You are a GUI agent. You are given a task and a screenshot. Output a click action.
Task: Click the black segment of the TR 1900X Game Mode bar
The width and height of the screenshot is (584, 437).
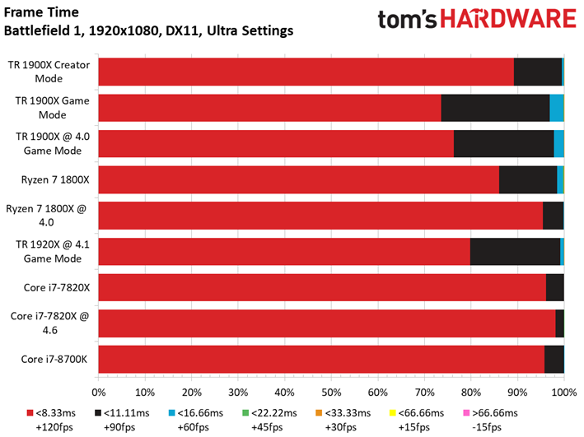click(x=495, y=108)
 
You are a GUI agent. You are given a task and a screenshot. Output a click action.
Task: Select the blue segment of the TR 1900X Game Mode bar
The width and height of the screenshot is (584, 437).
click(x=557, y=108)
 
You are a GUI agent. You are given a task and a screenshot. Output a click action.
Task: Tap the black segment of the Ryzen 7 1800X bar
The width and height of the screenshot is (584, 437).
click(x=528, y=179)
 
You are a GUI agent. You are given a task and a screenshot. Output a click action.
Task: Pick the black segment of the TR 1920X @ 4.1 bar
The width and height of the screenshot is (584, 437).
click(x=515, y=252)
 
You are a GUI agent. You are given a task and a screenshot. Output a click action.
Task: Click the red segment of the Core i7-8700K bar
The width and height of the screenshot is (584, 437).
click(x=321, y=359)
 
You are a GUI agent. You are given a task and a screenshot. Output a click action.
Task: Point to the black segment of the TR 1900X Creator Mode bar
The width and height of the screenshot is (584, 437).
click(x=538, y=72)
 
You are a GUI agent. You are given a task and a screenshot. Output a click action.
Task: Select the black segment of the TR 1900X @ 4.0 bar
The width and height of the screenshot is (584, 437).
click(x=504, y=144)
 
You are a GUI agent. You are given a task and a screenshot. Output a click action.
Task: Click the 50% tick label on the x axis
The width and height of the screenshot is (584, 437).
click(x=331, y=393)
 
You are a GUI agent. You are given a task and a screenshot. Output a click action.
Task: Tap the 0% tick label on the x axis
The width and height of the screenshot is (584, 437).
click(x=99, y=393)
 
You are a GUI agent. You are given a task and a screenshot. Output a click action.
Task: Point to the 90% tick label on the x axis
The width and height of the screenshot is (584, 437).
click(x=518, y=393)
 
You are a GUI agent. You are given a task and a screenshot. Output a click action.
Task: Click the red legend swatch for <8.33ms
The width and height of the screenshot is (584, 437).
click(x=30, y=413)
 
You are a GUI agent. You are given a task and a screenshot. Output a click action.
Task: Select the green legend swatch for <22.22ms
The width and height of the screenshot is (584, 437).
click(x=245, y=413)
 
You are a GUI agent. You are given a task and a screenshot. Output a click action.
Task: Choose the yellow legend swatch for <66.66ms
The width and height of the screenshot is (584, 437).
click(x=393, y=413)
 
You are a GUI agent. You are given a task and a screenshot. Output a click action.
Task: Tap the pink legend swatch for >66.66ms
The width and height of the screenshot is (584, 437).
click(x=466, y=413)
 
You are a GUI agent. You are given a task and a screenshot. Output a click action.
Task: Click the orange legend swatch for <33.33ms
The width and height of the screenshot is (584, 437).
click(x=319, y=413)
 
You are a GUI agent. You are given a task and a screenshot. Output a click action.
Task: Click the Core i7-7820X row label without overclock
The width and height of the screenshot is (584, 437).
click(x=57, y=288)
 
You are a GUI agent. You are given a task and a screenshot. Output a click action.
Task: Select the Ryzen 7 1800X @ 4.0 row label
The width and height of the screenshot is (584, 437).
click(x=46, y=216)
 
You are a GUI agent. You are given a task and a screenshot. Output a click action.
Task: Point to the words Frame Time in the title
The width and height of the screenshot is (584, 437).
click(x=41, y=12)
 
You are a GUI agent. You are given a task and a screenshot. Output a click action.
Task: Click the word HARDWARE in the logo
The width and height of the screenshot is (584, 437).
click(x=509, y=19)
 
